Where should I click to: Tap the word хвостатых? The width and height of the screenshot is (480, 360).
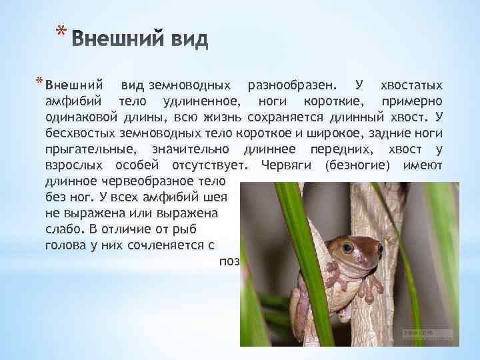click(x=411, y=86)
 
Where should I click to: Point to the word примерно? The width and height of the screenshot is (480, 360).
click(x=411, y=101)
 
